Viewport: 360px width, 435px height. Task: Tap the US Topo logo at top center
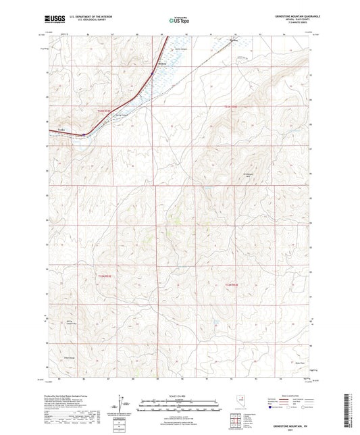(179, 21)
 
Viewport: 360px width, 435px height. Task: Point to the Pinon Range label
(68, 358)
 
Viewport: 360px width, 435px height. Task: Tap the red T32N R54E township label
(231, 285)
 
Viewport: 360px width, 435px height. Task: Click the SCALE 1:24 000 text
(180, 395)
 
